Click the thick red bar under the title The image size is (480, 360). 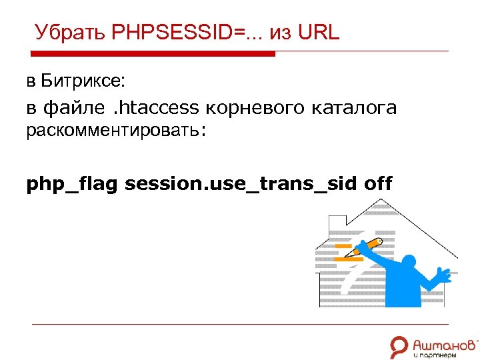tap(153, 54)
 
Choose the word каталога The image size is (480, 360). tap(355, 107)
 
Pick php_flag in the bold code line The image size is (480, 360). tap(72, 183)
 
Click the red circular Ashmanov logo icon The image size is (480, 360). tap(399, 346)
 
